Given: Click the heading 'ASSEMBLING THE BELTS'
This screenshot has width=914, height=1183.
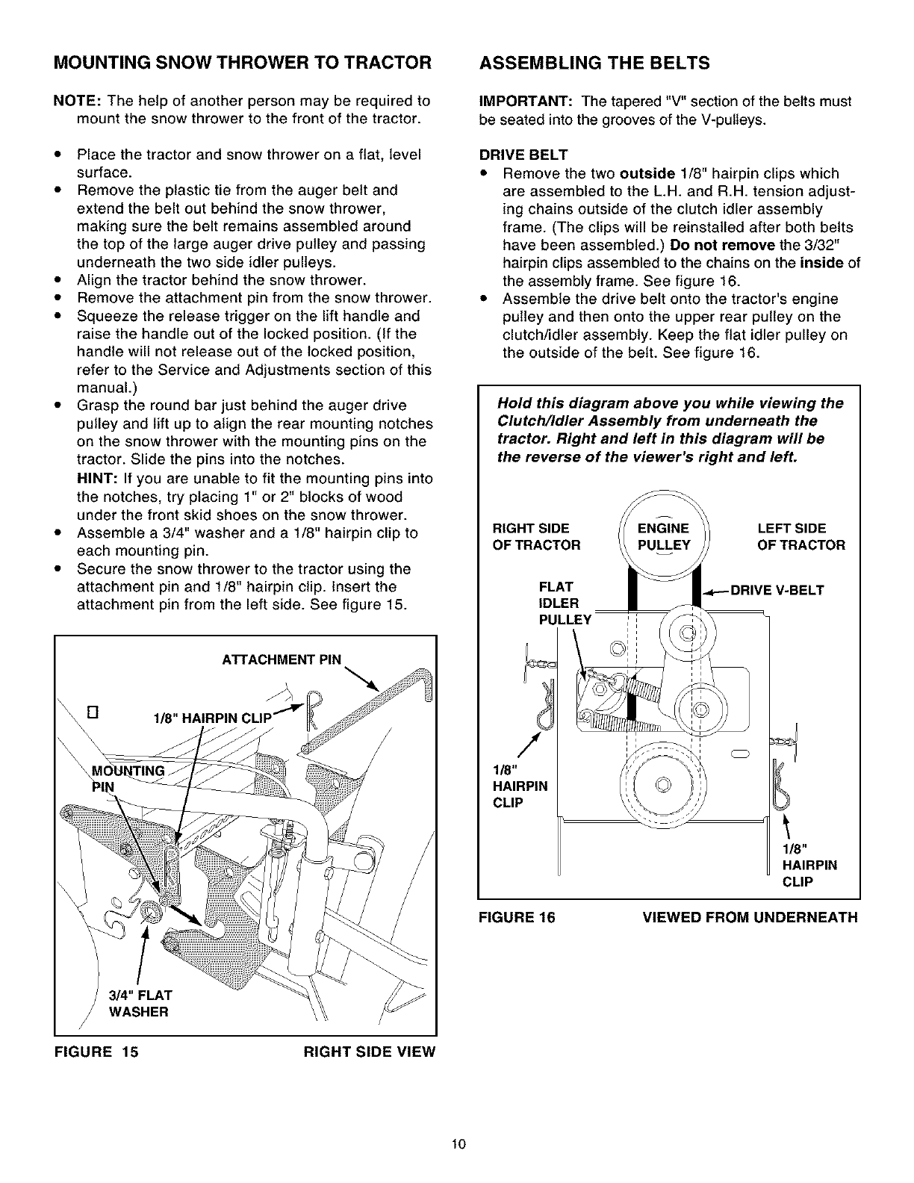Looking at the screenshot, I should pos(594,63).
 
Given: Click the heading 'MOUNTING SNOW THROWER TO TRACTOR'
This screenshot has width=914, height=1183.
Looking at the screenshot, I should pos(243,63).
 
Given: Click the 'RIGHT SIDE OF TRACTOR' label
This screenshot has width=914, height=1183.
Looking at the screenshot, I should pos(535,536).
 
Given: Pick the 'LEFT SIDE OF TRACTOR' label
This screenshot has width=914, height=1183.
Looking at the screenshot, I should pos(800,536).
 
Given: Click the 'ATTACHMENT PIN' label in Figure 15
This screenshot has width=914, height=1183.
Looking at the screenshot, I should pos(282,659).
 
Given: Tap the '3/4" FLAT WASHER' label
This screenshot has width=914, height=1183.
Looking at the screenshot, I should pos(141,1003).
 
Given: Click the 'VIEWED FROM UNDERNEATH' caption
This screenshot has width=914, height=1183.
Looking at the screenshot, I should pos(750,917).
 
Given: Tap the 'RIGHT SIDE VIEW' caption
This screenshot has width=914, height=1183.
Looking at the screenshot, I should pos(369,1052).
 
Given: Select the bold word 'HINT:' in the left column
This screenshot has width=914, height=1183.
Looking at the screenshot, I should pos(96,479).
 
